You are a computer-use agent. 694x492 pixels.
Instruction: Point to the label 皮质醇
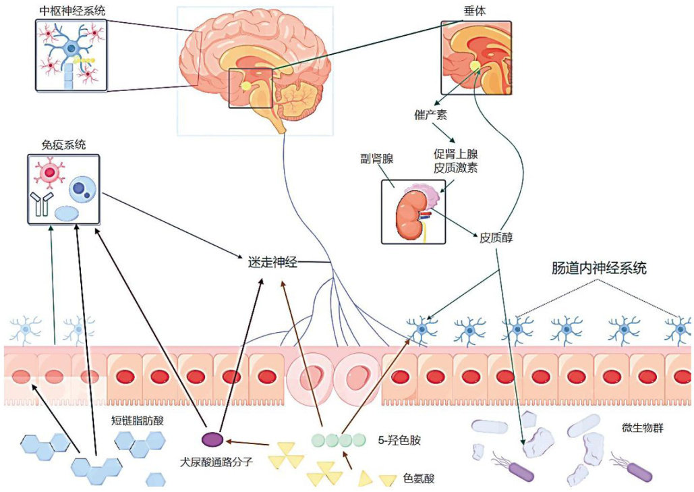pyautogui.click(x=498, y=238)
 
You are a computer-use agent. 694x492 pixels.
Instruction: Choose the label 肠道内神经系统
pyautogui.click(x=599, y=269)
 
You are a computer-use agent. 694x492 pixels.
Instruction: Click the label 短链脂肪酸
pyautogui.click(x=138, y=420)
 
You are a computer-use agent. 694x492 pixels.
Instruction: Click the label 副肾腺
pyautogui.click(x=378, y=159)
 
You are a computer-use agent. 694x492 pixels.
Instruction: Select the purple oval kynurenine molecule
pyautogui.click(x=213, y=439)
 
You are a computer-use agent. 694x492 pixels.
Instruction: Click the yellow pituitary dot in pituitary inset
pyautogui.click(x=476, y=65)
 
